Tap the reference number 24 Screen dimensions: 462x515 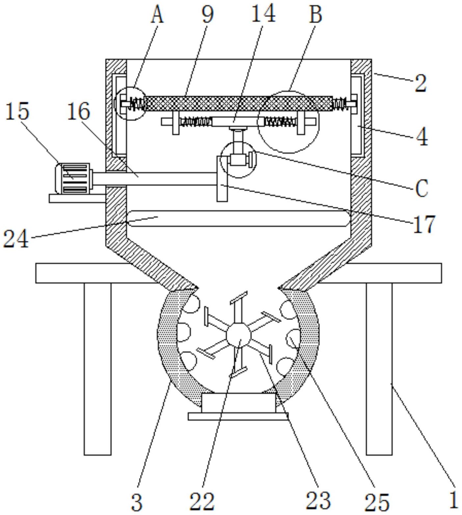pyautogui.click(x=16, y=239)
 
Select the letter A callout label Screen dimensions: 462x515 pyautogui.click(x=157, y=15)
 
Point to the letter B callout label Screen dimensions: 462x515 pyautogui.click(x=315, y=14)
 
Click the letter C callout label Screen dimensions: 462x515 pyautogui.click(x=421, y=188)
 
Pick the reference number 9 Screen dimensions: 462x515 pyautogui.click(x=207, y=14)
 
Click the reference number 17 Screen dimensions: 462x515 pyautogui.click(x=424, y=224)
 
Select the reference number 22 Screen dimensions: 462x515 pyautogui.click(x=202, y=501)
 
